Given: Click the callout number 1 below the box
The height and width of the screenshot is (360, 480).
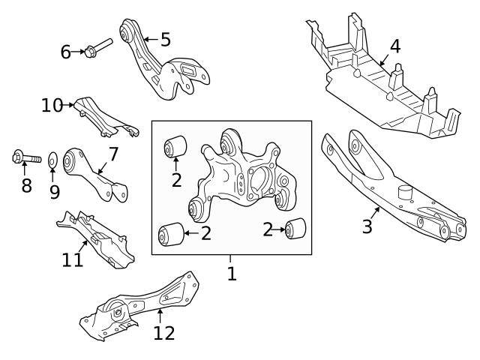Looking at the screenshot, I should point(232,273).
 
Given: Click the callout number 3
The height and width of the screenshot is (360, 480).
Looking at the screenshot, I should point(367,226).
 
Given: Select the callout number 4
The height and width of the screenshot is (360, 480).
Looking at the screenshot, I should point(394,46).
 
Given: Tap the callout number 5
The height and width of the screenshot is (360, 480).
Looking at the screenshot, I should point(165,39).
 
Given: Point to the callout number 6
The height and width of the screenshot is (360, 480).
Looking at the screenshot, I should point(66,52).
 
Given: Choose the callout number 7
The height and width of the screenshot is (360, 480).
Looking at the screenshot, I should point(113,154).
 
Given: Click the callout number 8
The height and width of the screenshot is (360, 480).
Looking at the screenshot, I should point(26,184).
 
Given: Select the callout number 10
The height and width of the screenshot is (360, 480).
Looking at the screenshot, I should point(52,105).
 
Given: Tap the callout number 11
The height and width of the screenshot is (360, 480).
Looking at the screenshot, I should point(72,260).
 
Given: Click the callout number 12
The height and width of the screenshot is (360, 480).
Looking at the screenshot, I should point(163,332).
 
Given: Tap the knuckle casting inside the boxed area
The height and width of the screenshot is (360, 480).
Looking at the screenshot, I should point(240,176).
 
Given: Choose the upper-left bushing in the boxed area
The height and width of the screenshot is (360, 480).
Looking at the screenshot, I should point(175,145).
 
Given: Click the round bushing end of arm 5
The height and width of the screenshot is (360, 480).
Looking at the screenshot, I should point(127,34).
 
